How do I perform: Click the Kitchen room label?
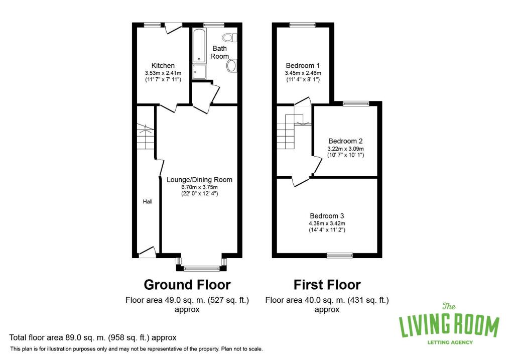(163, 65)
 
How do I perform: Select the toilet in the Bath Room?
(230, 37)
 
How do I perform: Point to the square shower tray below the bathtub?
(199, 72)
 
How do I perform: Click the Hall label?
(148, 201)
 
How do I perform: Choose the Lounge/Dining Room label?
(199, 179)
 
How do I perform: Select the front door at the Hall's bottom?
(147, 253)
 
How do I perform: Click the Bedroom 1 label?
(303, 65)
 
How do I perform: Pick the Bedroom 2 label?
(345, 141)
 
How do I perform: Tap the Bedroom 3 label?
(327, 215)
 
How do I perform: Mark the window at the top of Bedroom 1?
(303, 24)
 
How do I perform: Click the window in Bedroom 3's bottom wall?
(340, 256)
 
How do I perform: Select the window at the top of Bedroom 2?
(356, 103)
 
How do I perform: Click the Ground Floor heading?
(187, 285)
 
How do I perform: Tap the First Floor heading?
(327, 285)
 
